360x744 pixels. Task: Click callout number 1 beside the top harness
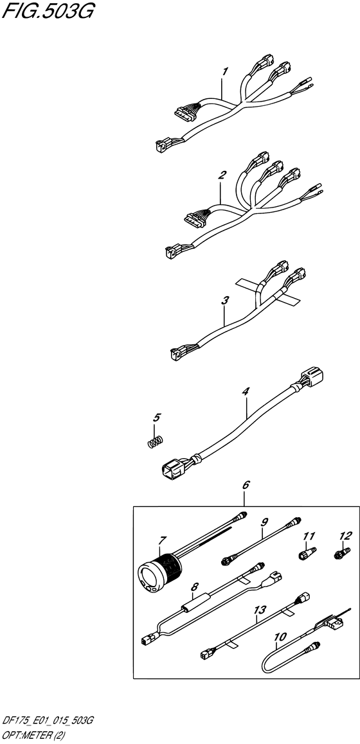click(x=225, y=71)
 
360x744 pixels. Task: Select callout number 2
click(x=221, y=175)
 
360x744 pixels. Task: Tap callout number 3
click(x=225, y=300)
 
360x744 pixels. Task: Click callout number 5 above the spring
click(x=157, y=418)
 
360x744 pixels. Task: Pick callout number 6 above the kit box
click(x=246, y=485)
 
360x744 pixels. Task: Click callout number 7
click(x=163, y=540)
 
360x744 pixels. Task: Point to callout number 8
click(x=194, y=587)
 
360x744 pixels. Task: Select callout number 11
click(x=309, y=536)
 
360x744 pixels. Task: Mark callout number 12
click(x=345, y=536)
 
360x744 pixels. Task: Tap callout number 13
click(x=260, y=608)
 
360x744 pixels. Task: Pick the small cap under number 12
click(x=342, y=553)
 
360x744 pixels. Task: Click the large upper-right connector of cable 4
click(x=312, y=376)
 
